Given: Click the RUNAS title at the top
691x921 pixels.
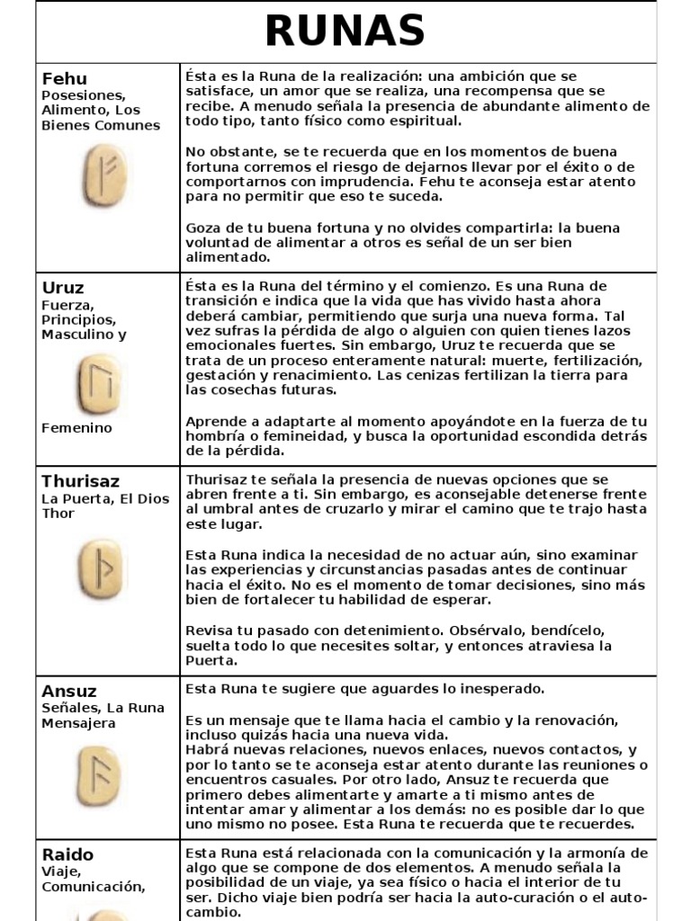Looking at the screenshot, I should (345, 32).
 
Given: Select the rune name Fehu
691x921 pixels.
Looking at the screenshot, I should (65, 78).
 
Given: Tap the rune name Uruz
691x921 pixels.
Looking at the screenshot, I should (63, 288).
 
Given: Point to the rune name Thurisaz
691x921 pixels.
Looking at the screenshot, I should (81, 481).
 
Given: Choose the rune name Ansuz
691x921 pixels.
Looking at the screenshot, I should (69, 691).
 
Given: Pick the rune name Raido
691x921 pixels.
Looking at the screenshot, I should (67, 854).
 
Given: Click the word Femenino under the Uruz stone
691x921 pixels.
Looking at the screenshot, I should (77, 428).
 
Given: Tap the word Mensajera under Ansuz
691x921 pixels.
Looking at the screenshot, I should (78, 723).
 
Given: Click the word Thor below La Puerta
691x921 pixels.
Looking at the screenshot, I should (58, 514).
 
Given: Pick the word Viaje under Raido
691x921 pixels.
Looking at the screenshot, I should (61, 872).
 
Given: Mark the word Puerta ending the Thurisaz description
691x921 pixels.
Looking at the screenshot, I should (211, 660).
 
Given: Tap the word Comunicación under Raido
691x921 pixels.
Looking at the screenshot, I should (93, 887).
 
